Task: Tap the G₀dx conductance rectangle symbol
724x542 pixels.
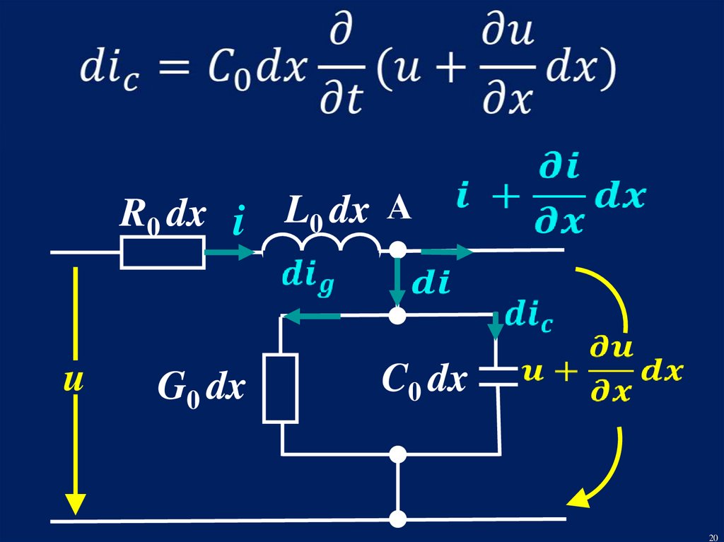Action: click(x=280, y=388)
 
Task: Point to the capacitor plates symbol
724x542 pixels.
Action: click(x=498, y=376)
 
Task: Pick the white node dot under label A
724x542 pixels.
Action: click(x=398, y=250)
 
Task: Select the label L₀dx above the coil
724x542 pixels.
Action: click(x=326, y=212)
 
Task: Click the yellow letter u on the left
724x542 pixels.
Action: click(x=74, y=382)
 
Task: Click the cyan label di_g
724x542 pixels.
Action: click(x=308, y=278)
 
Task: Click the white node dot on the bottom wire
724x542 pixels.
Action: click(x=398, y=519)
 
